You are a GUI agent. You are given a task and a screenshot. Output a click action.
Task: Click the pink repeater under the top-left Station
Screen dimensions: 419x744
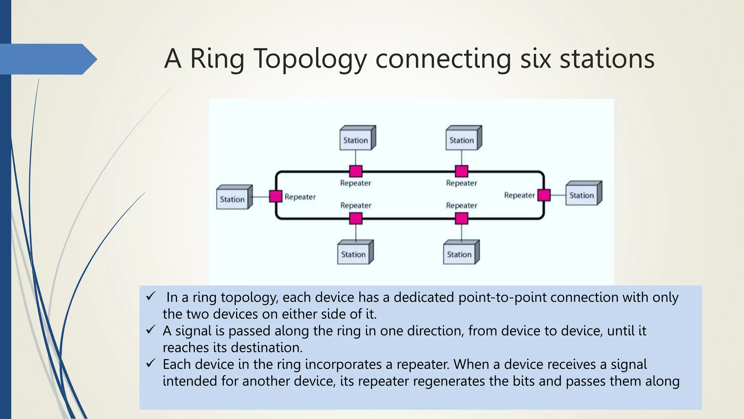coord(356,171)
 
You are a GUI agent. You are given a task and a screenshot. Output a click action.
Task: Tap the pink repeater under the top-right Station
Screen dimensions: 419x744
coord(461,171)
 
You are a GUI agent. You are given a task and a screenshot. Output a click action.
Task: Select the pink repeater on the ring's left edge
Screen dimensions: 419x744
coord(276,196)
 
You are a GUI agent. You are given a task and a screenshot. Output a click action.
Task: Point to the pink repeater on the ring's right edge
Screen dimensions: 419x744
coord(544,195)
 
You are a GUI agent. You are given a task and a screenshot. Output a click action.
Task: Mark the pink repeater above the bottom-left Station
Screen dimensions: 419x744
coord(356,219)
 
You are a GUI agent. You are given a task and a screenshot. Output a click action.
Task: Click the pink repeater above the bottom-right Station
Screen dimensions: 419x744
coord(461,219)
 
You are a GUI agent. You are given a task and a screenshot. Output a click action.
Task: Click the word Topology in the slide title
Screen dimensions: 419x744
coord(310,59)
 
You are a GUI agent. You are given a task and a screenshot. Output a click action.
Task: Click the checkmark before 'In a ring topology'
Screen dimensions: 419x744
coord(151,296)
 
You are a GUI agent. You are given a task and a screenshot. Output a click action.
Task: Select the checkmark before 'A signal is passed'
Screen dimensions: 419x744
coord(151,330)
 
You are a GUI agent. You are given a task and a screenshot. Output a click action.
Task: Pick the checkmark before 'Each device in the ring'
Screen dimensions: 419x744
coord(151,363)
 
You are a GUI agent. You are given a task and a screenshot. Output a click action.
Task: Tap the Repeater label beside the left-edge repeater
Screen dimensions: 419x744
coord(300,197)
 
